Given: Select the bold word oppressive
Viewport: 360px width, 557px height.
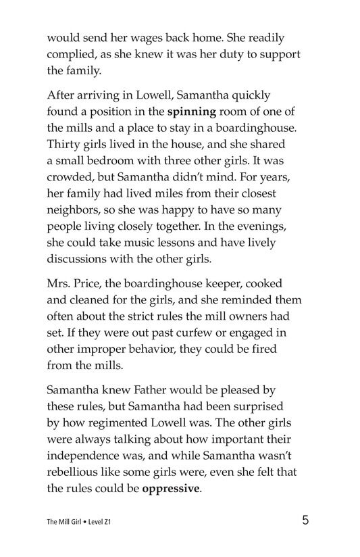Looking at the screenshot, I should coord(172,487).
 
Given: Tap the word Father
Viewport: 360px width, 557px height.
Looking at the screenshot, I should coord(157,389).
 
